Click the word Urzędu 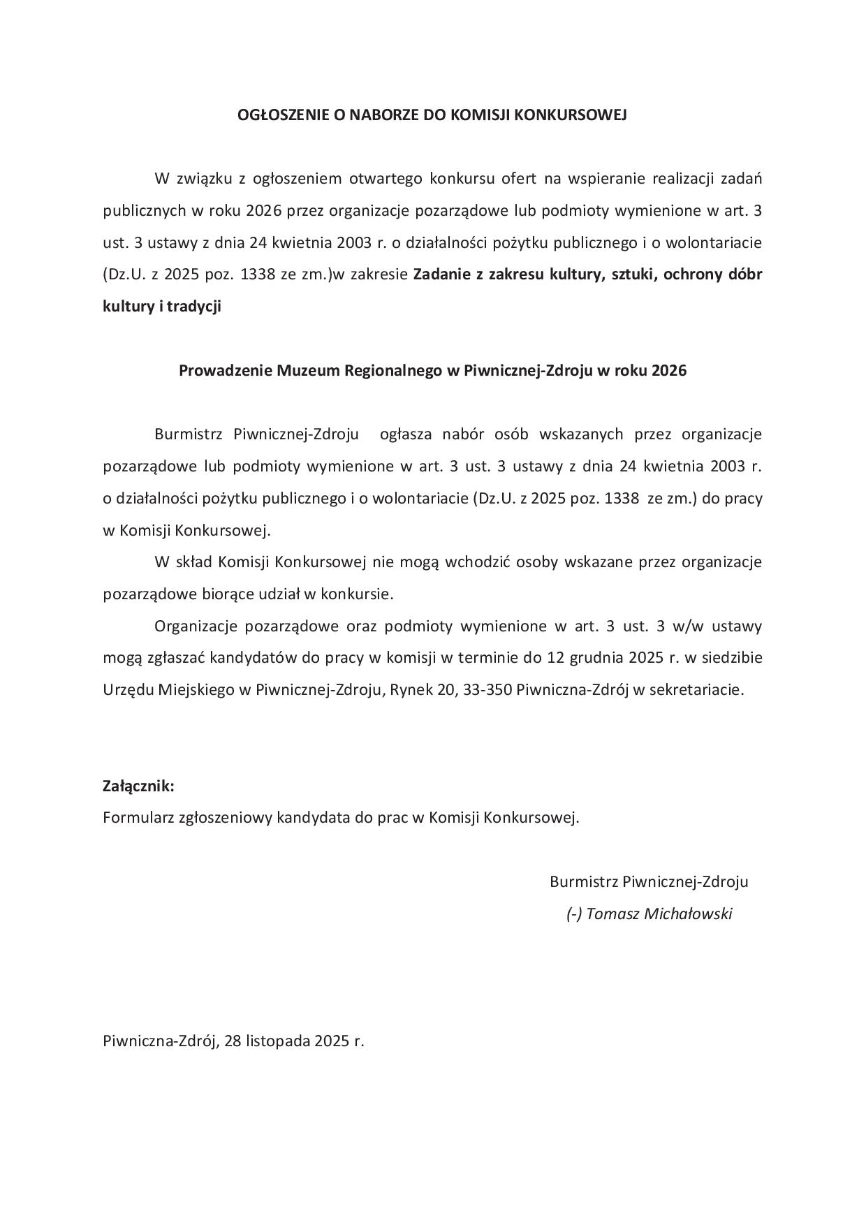(128, 689)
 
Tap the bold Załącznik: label (138, 786)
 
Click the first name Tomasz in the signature (610, 914)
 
